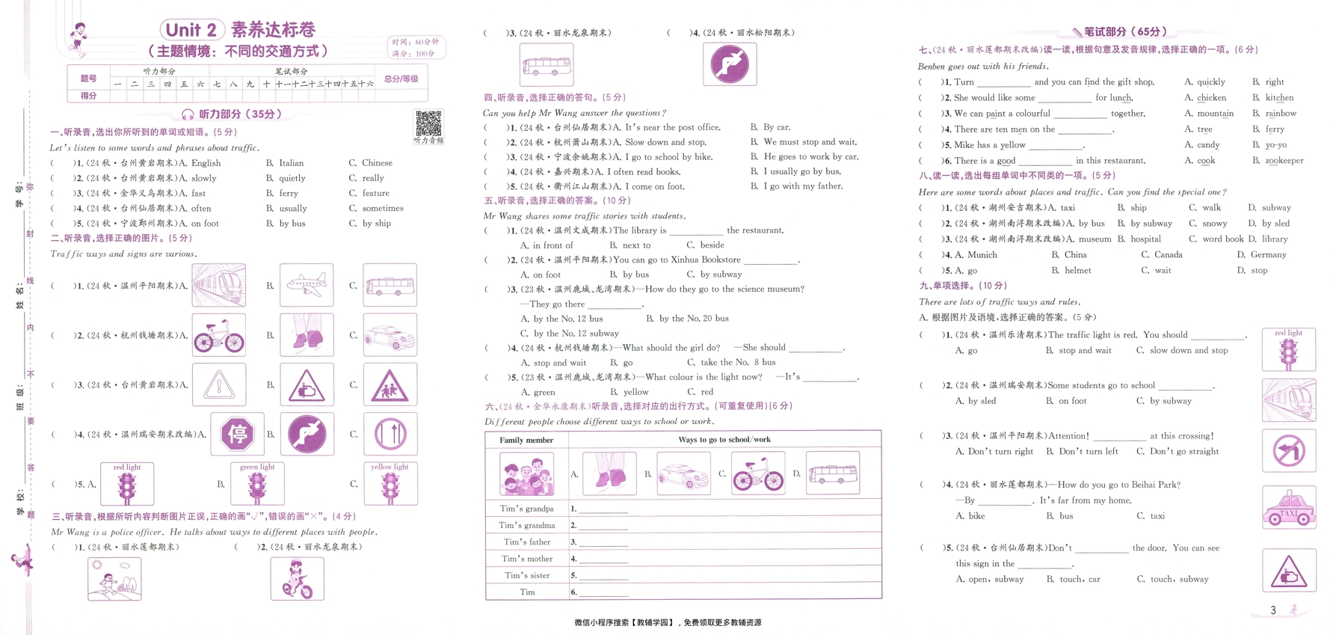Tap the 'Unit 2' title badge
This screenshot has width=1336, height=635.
click(192, 30)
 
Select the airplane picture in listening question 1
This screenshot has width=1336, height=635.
click(307, 285)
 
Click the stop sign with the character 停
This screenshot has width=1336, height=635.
click(237, 434)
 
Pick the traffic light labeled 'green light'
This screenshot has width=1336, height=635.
click(257, 485)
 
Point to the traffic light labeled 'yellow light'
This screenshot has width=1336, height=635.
click(390, 485)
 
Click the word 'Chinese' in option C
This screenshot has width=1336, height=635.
click(377, 163)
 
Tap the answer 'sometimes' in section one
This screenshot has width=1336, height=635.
click(383, 209)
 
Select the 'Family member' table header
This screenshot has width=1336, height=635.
click(526, 440)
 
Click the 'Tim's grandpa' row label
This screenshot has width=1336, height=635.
click(526, 509)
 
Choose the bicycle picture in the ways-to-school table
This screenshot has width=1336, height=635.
click(758, 473)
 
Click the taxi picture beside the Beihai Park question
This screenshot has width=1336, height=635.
click(1289, 508)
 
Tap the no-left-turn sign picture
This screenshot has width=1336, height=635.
click(1289, 451)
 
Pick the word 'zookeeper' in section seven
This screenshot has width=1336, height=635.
click(1284, 161)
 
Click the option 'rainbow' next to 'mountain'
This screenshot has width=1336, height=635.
click(1281, 114)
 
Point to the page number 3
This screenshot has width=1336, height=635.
click(1273, 610)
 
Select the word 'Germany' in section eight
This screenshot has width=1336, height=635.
click(1268, 255)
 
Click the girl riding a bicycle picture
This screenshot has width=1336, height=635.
click(298, 578)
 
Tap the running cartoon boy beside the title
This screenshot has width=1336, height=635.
click(78, 39)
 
